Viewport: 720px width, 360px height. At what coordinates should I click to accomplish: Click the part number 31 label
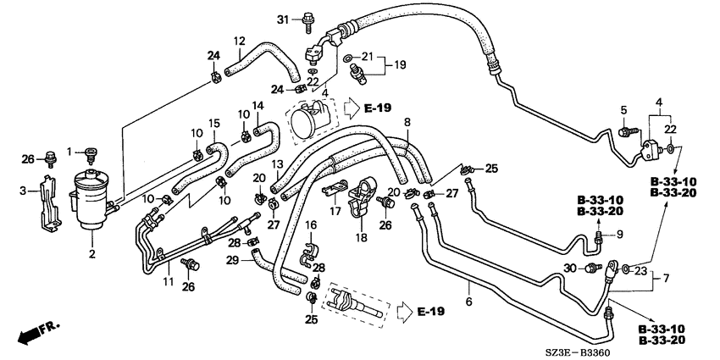[283, 19]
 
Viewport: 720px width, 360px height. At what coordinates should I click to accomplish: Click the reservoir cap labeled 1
[91, 155]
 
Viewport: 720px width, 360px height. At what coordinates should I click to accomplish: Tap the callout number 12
[239, 41]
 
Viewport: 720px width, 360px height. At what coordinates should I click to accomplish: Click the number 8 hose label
[407, 123]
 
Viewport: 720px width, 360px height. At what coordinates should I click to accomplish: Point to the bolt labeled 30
[595, 267]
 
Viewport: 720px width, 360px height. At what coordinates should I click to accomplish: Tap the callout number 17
[335, 211]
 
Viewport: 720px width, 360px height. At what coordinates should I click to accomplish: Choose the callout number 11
[169, 281]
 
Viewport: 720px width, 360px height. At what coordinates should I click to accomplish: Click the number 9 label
[620, 235]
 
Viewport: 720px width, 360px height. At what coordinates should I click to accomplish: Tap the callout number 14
[258, 106]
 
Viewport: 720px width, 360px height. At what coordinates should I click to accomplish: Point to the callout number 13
[278, 165]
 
